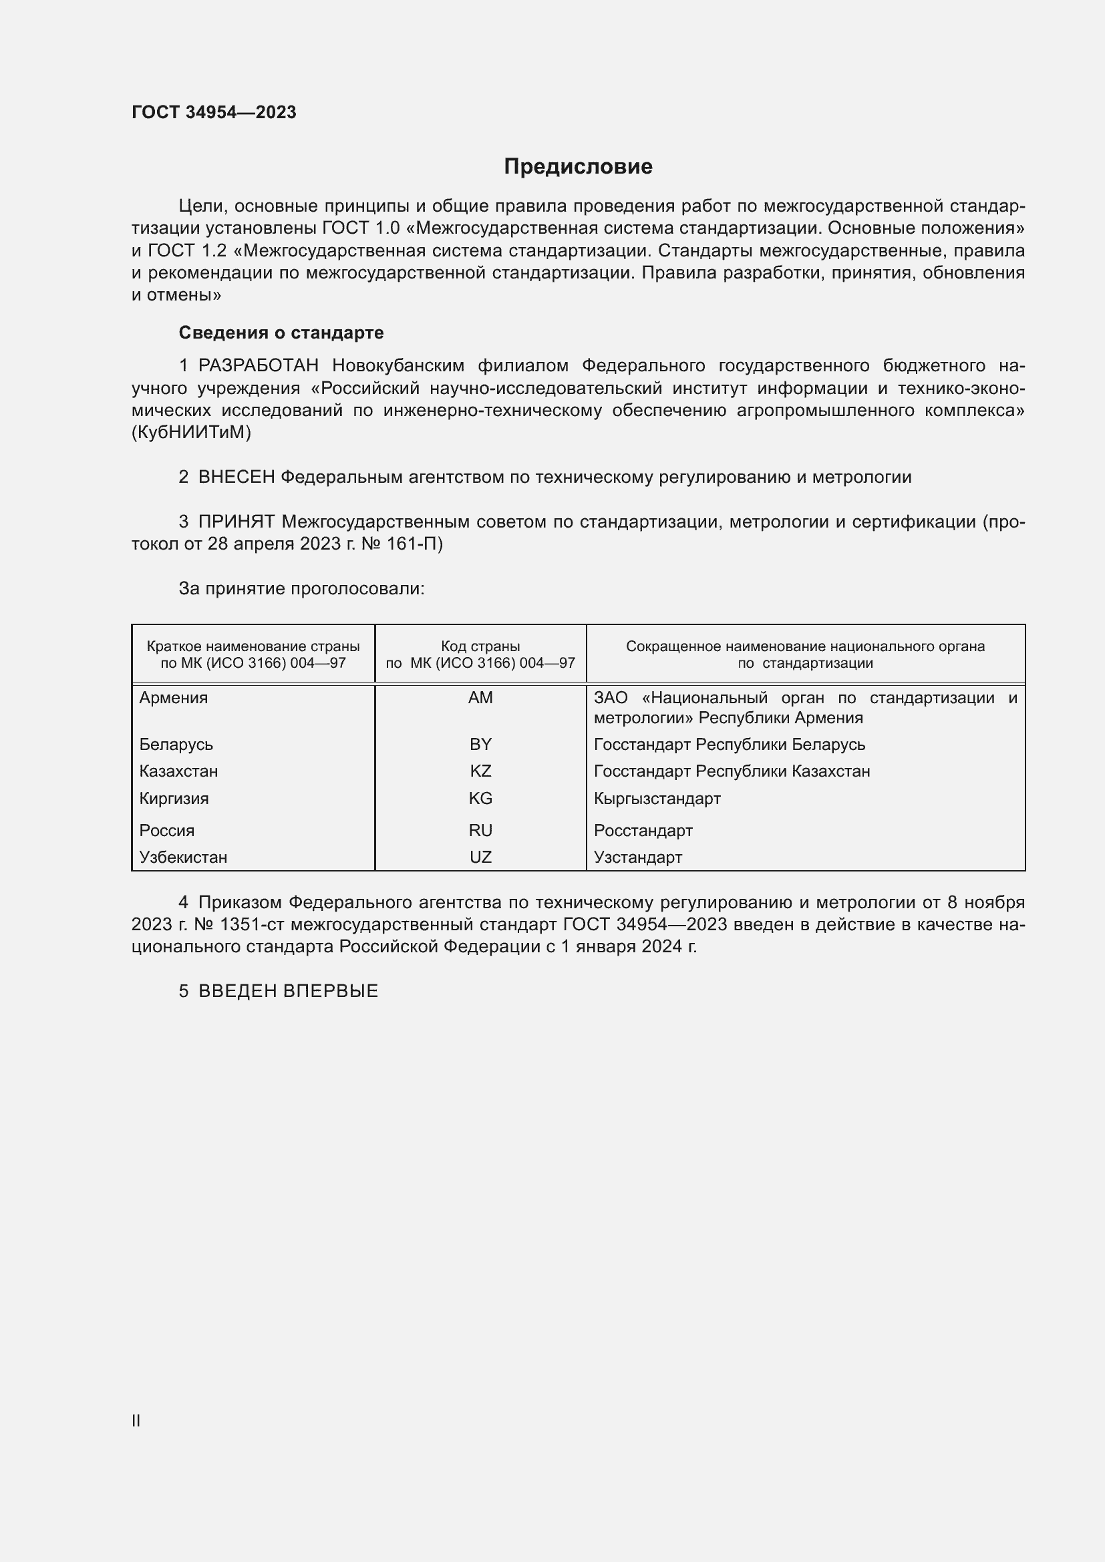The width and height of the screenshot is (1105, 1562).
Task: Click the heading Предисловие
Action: (578, 167)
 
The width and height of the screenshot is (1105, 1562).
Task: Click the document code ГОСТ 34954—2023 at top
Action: (214, 112)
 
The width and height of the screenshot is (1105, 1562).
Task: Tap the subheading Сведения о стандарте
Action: (281, 333)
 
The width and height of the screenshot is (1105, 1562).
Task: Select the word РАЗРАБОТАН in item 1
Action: (259, 366)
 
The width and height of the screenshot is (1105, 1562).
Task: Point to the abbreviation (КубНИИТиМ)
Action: (191, 433)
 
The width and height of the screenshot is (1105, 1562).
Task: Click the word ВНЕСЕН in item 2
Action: (236, 477)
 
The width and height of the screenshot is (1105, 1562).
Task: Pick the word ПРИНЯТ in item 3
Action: (236, 522)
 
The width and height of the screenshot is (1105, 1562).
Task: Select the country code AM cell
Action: (480, 698)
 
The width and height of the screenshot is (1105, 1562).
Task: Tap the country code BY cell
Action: (480, 744)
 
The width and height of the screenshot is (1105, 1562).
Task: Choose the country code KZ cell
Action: (480, 771)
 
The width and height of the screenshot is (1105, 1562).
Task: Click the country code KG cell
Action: (480, 799)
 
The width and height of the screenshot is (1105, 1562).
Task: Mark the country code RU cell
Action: (480, 831)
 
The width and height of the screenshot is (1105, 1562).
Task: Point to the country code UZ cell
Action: (480, 857)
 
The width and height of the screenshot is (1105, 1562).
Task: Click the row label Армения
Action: (174, 698)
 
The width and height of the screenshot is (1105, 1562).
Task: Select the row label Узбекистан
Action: (183, 857)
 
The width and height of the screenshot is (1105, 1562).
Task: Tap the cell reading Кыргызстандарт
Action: (657, 799)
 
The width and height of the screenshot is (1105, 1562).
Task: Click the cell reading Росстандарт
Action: (643, 831)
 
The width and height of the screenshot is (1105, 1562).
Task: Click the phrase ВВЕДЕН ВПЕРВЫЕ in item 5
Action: (288, 991)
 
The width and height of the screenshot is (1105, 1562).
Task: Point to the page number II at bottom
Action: (136, 1421)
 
